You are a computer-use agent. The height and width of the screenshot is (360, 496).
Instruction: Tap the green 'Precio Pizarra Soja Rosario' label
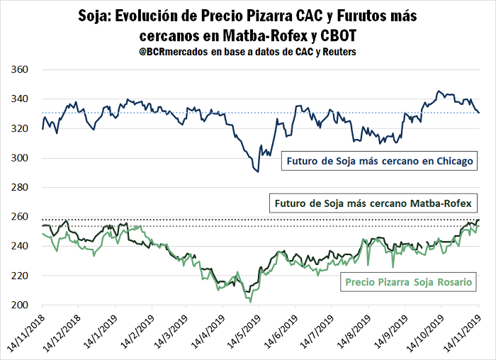click(x=409, y=282)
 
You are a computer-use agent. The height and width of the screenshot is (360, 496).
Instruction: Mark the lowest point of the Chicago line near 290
click(x=258, y=171)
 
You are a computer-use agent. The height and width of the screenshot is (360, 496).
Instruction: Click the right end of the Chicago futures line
click(x=479, y=113)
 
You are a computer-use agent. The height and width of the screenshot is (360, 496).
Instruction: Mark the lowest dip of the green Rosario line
click(x=250, y=301)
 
